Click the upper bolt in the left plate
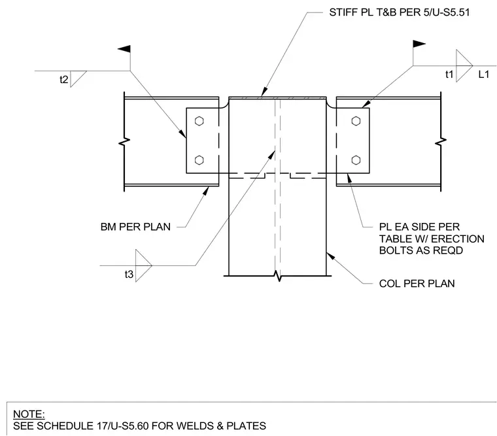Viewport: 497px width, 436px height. [x=199, y=121]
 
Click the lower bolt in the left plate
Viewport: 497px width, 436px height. [x=199, y=160]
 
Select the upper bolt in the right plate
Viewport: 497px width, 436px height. [x=356, y=121]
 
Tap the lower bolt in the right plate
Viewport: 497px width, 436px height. [x=356, y=160]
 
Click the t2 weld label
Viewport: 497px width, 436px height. [x=63, y=79]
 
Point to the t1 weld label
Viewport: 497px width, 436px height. [x=449, y=74]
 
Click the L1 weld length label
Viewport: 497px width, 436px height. [x=484, y=74]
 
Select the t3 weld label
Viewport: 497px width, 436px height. [x=129, y=274]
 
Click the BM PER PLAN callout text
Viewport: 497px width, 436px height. [x=135, y=227]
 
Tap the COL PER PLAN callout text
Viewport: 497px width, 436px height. [x=417, y=283]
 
